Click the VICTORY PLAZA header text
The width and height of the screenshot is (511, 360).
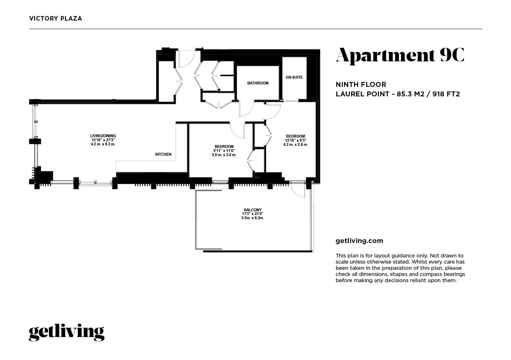point(56,19)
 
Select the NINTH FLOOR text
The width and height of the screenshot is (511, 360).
point(361,84)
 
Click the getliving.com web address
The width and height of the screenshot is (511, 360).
point(359,241)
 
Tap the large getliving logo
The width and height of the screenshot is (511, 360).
point(66,332)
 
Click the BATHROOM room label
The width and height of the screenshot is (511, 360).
point(258,83)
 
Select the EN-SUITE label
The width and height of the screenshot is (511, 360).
point(294,77)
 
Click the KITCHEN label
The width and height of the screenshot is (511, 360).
point(163,154)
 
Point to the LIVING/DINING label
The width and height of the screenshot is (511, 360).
point(103,136)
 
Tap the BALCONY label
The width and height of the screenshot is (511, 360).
point(253,210)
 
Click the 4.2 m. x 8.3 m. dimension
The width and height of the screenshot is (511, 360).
point(103,144)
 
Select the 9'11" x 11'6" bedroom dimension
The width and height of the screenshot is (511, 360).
point(224,151)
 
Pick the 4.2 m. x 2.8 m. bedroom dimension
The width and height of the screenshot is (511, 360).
point(295,145)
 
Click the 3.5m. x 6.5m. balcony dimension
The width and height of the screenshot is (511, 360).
point(253,218)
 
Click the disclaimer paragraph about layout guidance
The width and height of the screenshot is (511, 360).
point(400,268)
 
